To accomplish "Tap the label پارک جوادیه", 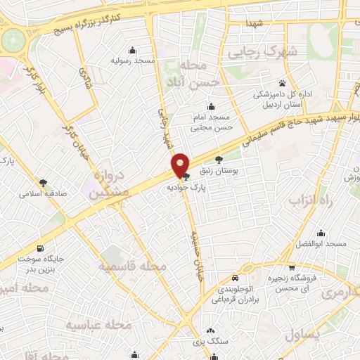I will (x=186, y=188).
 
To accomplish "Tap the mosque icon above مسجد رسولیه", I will (x=131, y=49).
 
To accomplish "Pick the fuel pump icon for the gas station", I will (x=40, y=248).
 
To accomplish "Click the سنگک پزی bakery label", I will (x=210, y=342).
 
